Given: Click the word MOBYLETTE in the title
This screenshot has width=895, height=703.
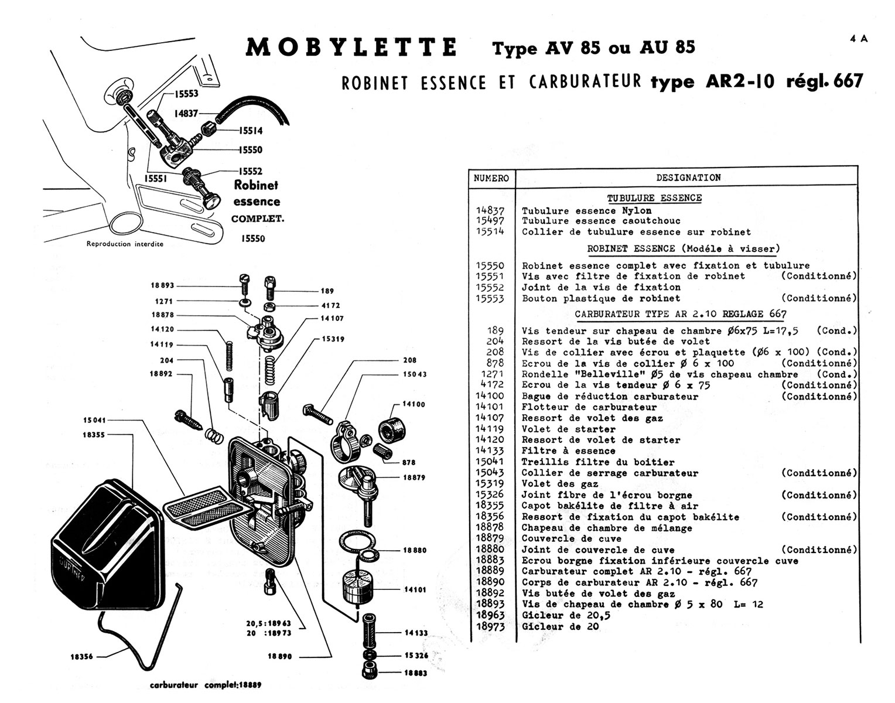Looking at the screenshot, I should click(x=351, y=47).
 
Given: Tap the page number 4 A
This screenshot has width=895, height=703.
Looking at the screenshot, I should click(x=859, y=39).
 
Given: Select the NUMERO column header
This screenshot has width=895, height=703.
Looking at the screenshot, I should click(x=491, y=178).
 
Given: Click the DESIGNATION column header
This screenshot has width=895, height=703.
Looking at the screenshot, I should click(x=688, y=178).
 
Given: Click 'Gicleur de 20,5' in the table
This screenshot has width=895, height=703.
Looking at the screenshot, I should click(x=561, y=616).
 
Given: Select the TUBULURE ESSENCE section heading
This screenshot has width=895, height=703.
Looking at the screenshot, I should click(x=654, y=198).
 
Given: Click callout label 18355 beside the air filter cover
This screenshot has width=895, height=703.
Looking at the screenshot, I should click(x=94, y=435).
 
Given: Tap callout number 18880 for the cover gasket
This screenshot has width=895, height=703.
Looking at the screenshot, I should click(x=414, y=551).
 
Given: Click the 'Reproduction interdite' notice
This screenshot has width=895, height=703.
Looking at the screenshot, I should click(x=125, y=244).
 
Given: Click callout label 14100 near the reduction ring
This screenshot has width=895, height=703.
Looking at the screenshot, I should click(x=414, y=404).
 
